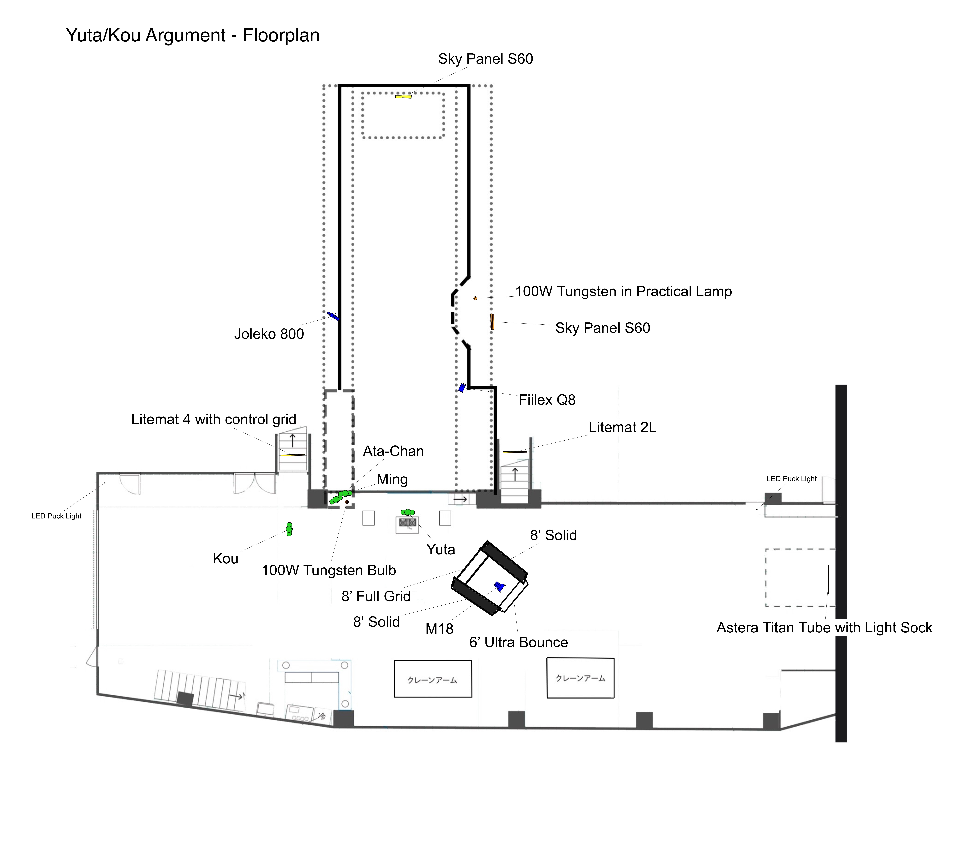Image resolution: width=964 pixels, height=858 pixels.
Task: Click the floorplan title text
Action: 192,35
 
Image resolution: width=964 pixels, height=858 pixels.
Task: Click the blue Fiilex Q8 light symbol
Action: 462,388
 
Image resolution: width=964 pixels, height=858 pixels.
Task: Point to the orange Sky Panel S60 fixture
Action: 492,322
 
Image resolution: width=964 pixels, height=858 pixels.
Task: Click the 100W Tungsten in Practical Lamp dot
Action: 475,298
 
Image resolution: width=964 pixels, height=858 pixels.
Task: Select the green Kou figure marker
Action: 289,529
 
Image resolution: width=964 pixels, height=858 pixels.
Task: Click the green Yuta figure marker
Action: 407,512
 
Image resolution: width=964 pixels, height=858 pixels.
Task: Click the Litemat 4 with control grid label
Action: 214,419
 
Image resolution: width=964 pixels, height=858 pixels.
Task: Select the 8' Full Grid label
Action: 376,596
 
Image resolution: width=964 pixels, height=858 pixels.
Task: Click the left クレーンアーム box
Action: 433,679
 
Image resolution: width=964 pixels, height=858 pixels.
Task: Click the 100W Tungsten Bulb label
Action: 329,570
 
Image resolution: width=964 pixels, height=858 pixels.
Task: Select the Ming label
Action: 392,479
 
